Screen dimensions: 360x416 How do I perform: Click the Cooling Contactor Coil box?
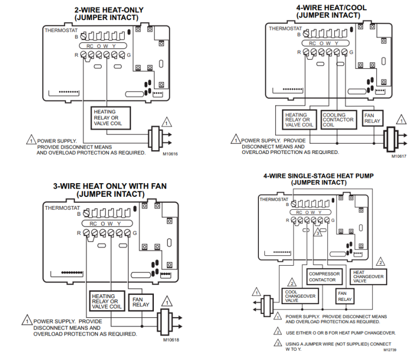coord(339,120)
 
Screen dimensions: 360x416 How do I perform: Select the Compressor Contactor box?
coord(324,277)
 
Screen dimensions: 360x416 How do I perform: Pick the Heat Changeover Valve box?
coord(368,276)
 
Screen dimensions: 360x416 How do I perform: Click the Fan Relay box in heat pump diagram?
coord(344,296)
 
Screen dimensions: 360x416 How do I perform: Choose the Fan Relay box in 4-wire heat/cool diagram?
coord(373,118)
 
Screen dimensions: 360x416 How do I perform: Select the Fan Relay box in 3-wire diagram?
coord(141,301)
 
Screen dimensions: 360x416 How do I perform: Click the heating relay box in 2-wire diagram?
coord(108,118)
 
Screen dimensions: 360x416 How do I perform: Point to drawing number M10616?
coord(170,154)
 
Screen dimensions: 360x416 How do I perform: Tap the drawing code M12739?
coord(390,350)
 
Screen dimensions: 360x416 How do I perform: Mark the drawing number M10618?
coord(171,340)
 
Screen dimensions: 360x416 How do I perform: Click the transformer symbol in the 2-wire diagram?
coord(155,137)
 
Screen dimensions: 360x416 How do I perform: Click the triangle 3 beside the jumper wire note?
coord(277,343)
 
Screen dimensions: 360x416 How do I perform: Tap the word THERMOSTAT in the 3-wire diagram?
coord(62,208)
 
